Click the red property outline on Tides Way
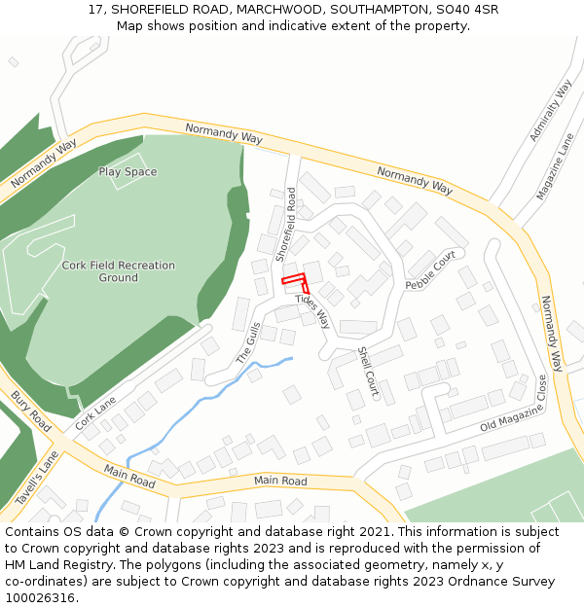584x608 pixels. tap(296, 282)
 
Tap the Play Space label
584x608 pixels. tap(128, 172)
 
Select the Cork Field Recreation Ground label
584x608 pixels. tap(118, 271)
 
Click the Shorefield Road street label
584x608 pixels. tap(284, 225)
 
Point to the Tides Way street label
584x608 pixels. tap(313, 310)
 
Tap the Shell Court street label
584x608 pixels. tap(367, 373)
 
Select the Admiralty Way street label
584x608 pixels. tap(551, 110)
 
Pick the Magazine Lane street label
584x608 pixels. tap(556, 166)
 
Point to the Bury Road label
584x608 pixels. tap(31, 411)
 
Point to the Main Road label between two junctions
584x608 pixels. tap(280, 481)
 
